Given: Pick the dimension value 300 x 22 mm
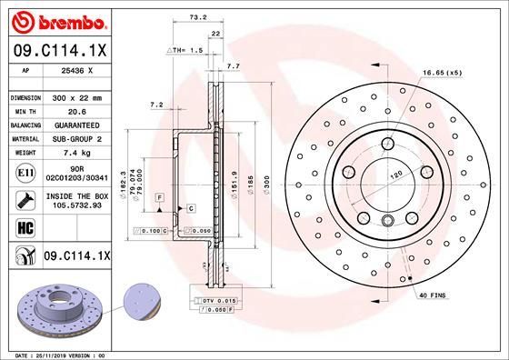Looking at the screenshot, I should pyautogui.click(x=76, y=95).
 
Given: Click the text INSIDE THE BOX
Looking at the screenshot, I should pyautogui.click(x=76, y=195).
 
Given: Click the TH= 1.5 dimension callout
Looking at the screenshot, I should pyautogui.click(x=185, y=51).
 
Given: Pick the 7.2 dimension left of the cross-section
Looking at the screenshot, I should pyautogui.click(x=155, y=105).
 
